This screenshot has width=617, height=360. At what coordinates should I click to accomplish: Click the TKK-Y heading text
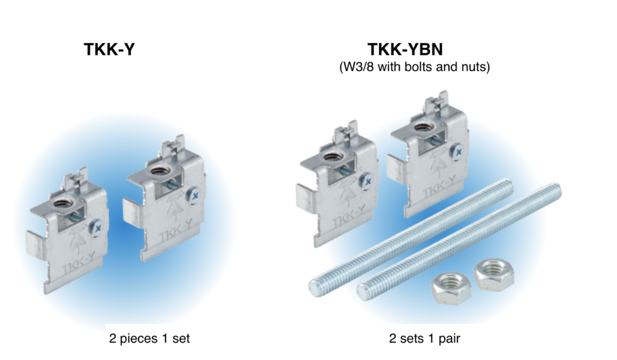pos(109,49)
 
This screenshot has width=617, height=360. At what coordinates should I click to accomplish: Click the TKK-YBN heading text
pos(414,49)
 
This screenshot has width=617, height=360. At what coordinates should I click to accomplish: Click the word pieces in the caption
pos(137,339)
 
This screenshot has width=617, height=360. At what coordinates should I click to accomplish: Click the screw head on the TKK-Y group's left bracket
pos(96,227)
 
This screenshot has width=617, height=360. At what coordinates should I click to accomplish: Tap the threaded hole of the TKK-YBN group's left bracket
pos(332,158)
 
